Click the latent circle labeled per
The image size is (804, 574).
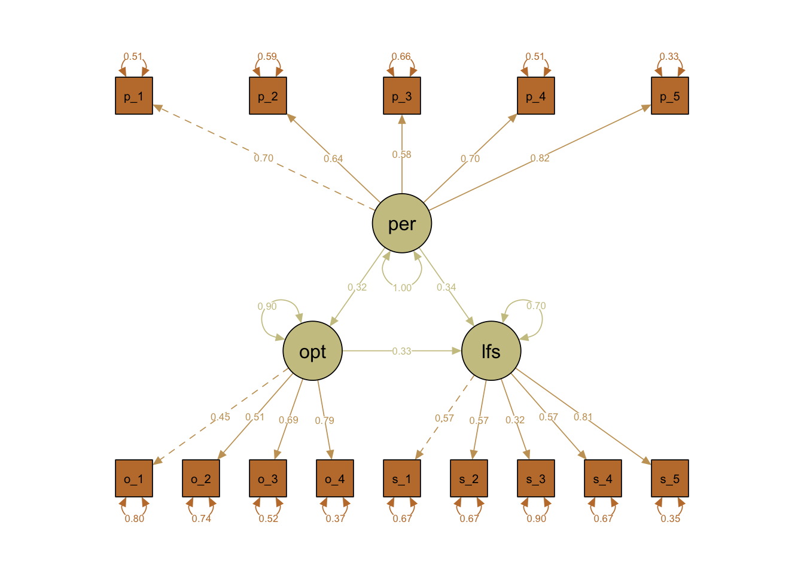pos(402,224)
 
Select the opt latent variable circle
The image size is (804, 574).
pos(312,351)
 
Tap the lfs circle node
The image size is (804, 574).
pos(491,351)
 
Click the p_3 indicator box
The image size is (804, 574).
pos(402,96)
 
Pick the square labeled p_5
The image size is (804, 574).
pos(670,96)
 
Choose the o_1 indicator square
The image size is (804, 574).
pos(134,478)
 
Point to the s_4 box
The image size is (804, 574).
pos(603,478)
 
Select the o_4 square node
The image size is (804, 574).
pos(335,478)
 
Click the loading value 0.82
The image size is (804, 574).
pos(540,158)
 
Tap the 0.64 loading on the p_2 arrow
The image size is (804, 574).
pos(333,159)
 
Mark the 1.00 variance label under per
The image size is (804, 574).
pos(402,288)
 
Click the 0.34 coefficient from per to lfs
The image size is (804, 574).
pos(446,288)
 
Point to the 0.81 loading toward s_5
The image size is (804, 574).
pos(583,417)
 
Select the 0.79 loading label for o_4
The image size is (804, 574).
pos(324,421)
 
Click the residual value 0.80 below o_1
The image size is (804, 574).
pos(134,519)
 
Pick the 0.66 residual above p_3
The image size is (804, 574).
pos(401,57)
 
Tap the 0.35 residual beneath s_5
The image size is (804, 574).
pos(670,519)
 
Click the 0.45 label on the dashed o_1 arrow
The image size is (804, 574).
pos(220,417)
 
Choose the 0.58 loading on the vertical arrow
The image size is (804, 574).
pos(401,155)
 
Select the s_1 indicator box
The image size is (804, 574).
pos(402,478)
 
